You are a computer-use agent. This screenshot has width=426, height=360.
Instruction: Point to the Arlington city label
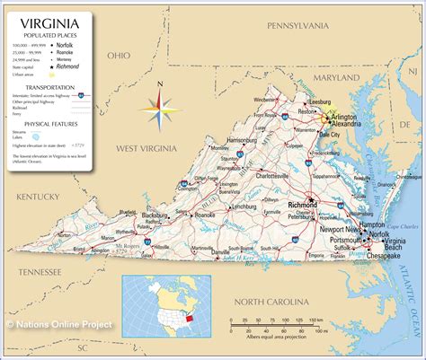pyautogui.click(x=342, y=118)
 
